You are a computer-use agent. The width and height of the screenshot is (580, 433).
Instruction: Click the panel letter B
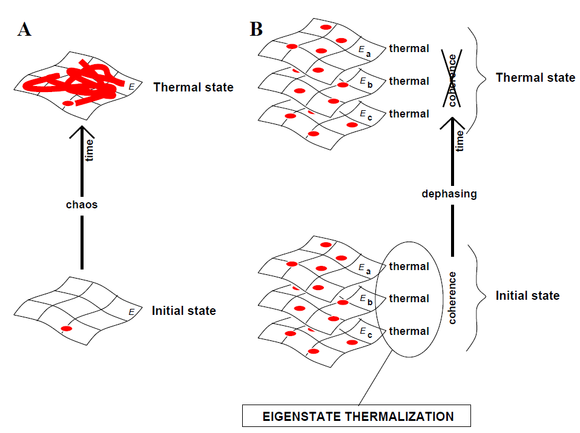pyautogui.click(x=257, y=28)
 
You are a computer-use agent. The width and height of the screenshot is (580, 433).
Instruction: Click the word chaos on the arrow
pyautogui.click(x=82, y=205)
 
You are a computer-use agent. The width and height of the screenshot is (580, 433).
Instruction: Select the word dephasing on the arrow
pyautogui.click(x=450, y=194)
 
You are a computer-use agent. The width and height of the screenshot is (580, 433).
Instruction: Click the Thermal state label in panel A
pyautogui.click(x=193, y=87)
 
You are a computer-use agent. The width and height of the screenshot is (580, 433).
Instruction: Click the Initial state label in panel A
pyautogui.click(x=183, y=311)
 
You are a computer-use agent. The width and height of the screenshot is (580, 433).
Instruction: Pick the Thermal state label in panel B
pyautogui.click(x=535, y=78)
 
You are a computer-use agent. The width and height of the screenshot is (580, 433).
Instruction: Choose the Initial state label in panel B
pyautogui.click(x=527, y=296)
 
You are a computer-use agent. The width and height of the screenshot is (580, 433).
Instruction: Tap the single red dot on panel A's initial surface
pyautogui.click(x=66, y=328)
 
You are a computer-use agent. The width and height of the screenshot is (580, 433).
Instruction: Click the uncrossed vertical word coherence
pyautogui.click(x=453, y=297)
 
